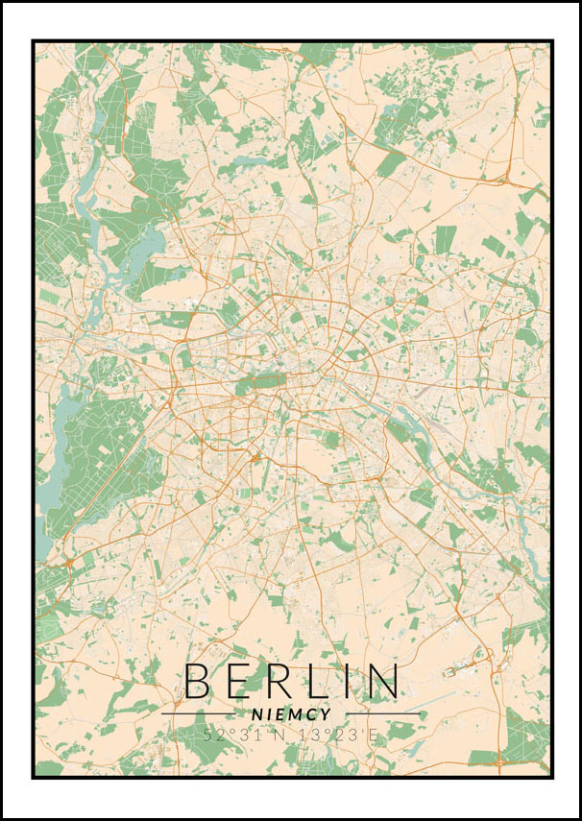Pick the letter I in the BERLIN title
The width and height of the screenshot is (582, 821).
[347, 680]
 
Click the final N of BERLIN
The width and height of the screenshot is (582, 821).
[381, 680]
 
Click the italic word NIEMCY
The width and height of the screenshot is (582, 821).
[291, 714]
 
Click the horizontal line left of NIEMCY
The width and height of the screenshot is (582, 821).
[197, 714]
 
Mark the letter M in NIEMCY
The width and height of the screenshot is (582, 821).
[295, 714]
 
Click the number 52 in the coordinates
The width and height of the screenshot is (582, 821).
[213, 735]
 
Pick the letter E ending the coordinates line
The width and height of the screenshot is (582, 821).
[373, 735]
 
